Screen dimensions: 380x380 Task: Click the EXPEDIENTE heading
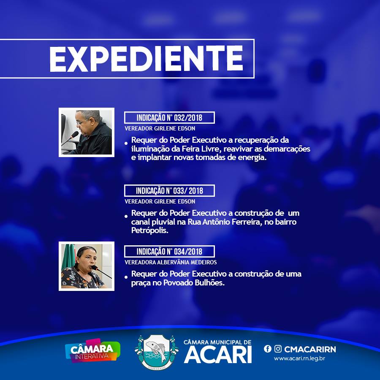pos(146,59)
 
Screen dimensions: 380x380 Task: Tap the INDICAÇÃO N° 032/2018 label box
pos(169,117)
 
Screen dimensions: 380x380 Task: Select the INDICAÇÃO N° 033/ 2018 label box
pos(169,191)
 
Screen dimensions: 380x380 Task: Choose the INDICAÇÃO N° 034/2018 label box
pos(169,252)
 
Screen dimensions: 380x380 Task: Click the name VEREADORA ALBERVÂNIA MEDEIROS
pos(171,262)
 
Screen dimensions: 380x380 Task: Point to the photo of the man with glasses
pos(87,132)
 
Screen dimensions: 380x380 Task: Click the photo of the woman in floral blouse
pos(87,266)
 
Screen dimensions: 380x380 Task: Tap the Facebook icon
pos(268,349)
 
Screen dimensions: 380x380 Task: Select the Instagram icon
pos(278,349)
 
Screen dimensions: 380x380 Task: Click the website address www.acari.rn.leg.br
pos(299,358)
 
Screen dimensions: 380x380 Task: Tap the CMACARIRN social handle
pos(310,349)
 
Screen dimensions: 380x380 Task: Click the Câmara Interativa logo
pos(92,351)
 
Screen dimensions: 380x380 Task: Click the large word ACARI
pos(218,355)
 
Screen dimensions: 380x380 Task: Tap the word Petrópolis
pos(150,231)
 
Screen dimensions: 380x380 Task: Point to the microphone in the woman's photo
pos(101,271)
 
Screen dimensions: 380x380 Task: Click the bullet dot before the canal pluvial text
pos(126,216)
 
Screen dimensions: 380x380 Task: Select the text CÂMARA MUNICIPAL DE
pos(217,342)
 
